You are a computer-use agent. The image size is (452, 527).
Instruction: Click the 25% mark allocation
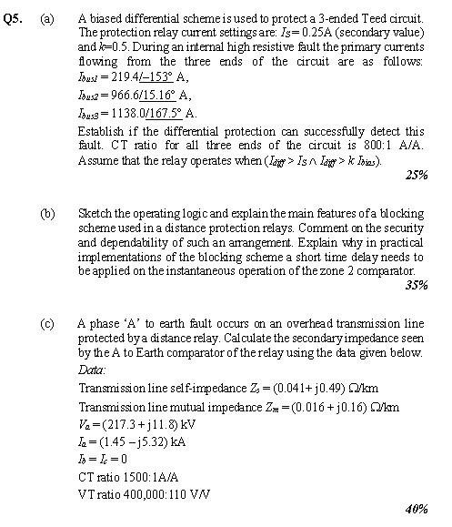click(417, 175)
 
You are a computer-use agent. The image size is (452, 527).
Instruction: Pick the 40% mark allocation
click(417, 510)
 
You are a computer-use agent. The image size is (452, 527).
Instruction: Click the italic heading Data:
click(92, 370)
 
